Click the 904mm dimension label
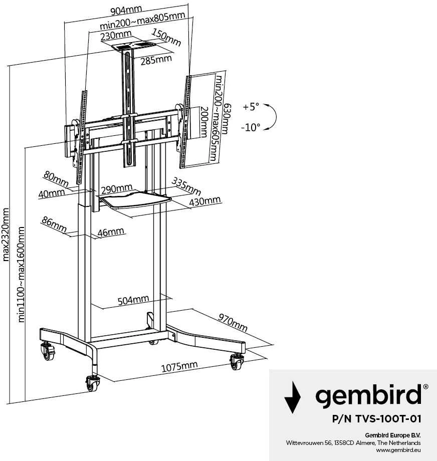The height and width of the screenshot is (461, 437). click(126, 11)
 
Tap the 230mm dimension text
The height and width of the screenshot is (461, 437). click(116, 36)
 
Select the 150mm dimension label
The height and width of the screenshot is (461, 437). click(166, 38)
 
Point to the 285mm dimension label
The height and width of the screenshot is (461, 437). click(156, 60)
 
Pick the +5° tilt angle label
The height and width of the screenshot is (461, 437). click(251, 106)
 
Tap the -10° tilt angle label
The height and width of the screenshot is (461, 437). click(251, 128)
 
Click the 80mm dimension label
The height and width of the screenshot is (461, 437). click(56, 179)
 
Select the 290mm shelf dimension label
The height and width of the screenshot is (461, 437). click(117, 189)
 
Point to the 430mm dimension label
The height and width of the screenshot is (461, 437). click(205, 201)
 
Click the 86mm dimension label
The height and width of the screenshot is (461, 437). click(54, 224)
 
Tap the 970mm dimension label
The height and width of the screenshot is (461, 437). click(233, 323)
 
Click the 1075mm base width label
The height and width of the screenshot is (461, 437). click(179, 366)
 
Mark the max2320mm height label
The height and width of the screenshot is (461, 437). click(6, 235)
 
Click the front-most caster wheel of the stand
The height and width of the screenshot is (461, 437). click(93, 384)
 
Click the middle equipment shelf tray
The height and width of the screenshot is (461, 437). click(135, 201)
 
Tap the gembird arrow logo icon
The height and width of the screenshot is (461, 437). click(292, 397)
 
